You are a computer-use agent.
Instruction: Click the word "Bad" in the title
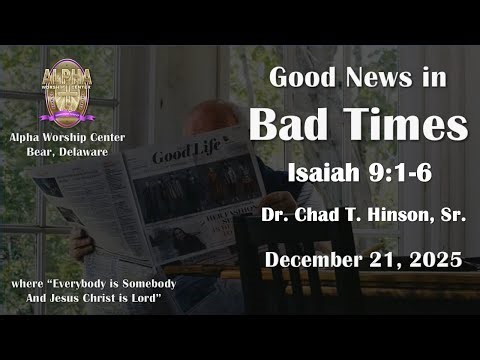(x=288, y=126)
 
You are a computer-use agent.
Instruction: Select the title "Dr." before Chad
(x=274, y=218)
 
